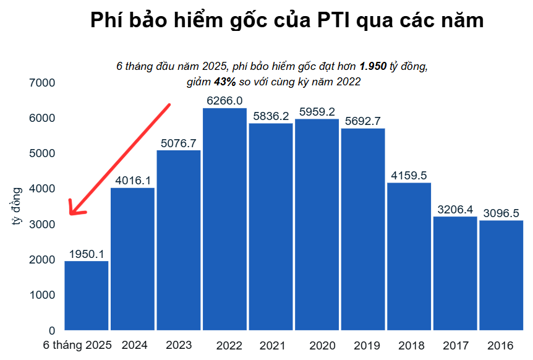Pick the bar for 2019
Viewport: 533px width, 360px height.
click(363, 229)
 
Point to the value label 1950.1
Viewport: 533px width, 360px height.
click(87, 254)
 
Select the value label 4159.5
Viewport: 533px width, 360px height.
click(409, 176)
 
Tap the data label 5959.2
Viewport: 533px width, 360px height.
click(317, 112)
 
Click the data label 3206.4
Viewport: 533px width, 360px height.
click(455, 209)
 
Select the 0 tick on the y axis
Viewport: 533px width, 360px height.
click(52, 330)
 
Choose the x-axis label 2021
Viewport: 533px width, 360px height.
click(272, 345)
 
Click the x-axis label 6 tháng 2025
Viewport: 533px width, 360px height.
click(77, 345)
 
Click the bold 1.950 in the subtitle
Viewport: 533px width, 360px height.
click(373, 66)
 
